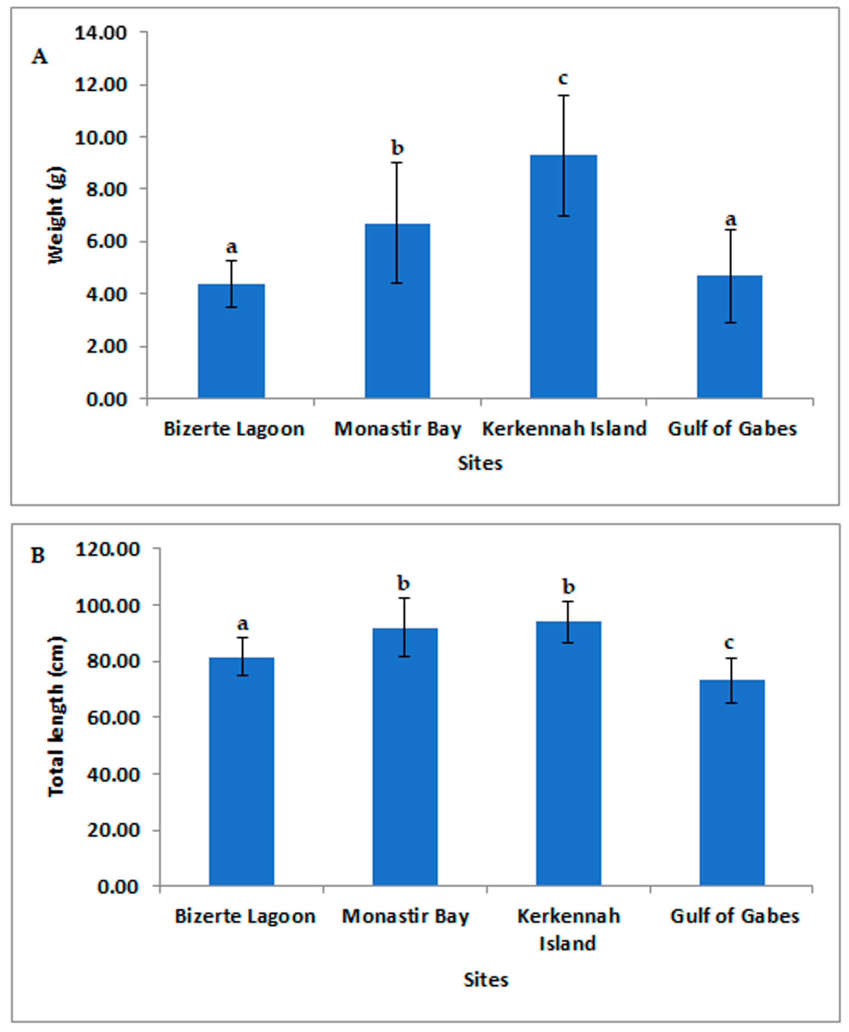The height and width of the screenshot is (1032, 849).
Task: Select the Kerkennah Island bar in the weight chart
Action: coord(563,293)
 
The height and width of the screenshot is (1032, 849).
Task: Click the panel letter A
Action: coord(40,57)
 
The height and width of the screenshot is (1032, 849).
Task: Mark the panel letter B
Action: coord(38,556)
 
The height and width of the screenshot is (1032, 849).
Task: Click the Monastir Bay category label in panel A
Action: coord(398,429)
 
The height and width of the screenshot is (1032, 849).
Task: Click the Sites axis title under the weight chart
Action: coord(480,463)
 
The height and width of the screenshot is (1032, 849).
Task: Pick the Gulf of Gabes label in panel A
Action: coord(732,429)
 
